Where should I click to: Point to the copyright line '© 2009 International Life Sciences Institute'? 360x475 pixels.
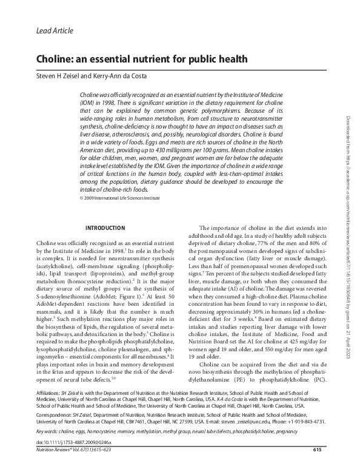tap(124, 198)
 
